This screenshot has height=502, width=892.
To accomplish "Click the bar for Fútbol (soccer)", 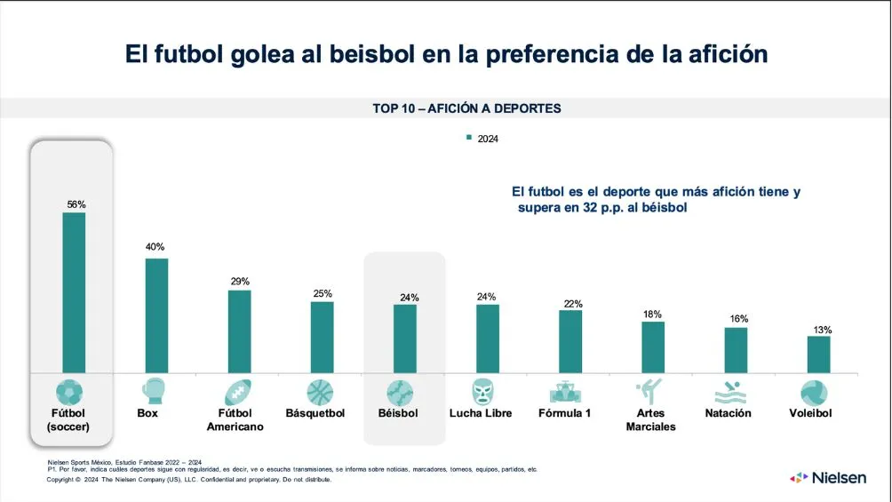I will click(74, 292).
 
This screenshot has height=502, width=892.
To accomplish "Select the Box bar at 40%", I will click(156, 315).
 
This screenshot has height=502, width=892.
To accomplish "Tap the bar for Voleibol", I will click(818, 355).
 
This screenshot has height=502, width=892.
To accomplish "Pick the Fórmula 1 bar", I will click(570, 341).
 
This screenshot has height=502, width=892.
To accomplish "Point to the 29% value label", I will click(239, 281).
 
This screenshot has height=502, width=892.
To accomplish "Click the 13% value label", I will click(822, 330).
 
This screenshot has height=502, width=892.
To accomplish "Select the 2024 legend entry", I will click(483, 139).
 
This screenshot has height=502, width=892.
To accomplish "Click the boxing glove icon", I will click(154, 392).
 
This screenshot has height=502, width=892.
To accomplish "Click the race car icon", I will click(565, 392).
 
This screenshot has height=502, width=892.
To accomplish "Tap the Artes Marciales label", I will click(650, 419).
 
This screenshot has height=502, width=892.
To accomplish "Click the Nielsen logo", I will click(827, 478).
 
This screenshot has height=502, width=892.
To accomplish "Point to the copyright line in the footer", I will click(188, 479).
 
